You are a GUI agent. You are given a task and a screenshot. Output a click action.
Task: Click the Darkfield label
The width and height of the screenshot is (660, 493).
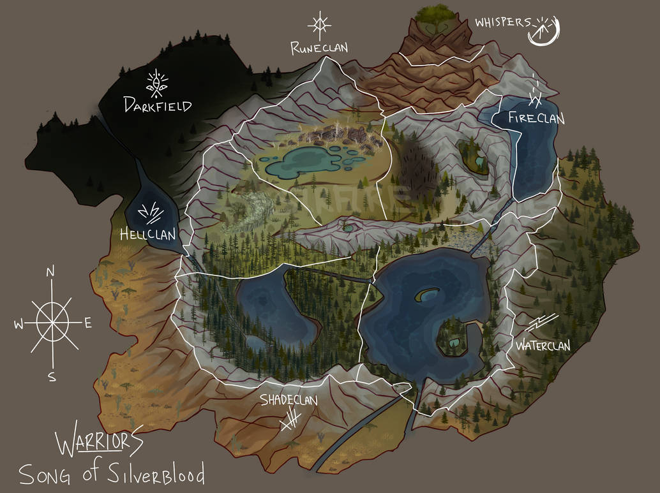pyautogui.click(x=158, y=105)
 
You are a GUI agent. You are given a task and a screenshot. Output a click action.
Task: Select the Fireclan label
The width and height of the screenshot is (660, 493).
pyautogui.click(x=536, y=118)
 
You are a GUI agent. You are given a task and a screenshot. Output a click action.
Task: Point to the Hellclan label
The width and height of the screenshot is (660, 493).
pyautogui.click(x=147, y=235)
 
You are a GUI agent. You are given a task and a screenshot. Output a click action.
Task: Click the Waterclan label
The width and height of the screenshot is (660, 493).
pyautogui.click(x=543, y=346)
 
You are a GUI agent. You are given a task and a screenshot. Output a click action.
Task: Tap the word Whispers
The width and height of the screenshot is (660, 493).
pyautogui.click(x=502, y=22)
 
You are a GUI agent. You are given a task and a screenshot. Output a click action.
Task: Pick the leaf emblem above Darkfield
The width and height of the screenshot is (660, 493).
pyautogui.click(x=156, y=82)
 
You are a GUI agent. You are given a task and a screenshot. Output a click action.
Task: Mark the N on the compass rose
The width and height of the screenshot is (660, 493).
pyautogui.click(x=51, y=273)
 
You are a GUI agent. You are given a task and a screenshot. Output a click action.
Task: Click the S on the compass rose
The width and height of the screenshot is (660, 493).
pyautogui.click(x=52, y=377)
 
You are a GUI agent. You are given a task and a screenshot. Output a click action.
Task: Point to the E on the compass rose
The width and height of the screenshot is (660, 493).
pyautogui.click(x=87, y=323)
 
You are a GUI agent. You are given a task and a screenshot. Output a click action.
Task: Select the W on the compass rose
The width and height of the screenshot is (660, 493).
pyautogui.click(x=18, y=325)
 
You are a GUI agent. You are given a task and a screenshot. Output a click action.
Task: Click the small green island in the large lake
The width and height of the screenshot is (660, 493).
pyautogui.click(x=426, y=295)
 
